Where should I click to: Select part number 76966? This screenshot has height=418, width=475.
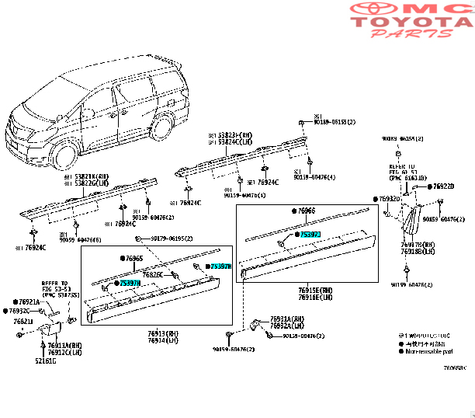[x=307, y=211]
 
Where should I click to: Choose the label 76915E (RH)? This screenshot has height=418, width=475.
[x=314, y=290]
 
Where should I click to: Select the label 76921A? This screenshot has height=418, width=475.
[x=28, y=301]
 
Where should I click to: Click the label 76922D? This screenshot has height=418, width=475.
[x=442, y=186]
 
